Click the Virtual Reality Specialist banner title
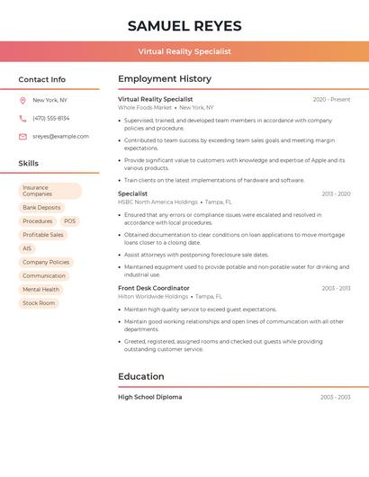(184, 51)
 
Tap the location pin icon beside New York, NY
(22, 100)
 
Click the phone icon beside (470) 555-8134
(22, 118)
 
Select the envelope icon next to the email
(22, 137)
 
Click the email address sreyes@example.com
(60, 137)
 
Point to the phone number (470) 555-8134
(50, 118)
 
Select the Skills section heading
(29, 164)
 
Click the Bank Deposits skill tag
(41, 207)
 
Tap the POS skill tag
(69, 220)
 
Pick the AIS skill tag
(27, 248)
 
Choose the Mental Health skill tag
(40, 289)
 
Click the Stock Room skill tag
(39, 303)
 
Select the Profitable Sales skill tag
(43, 235)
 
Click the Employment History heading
(165, 79)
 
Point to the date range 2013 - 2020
(336, 193)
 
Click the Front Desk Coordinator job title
(155, 288)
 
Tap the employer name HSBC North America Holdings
(157, 202)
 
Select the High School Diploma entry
(149, 397)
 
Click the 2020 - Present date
(331, 99)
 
